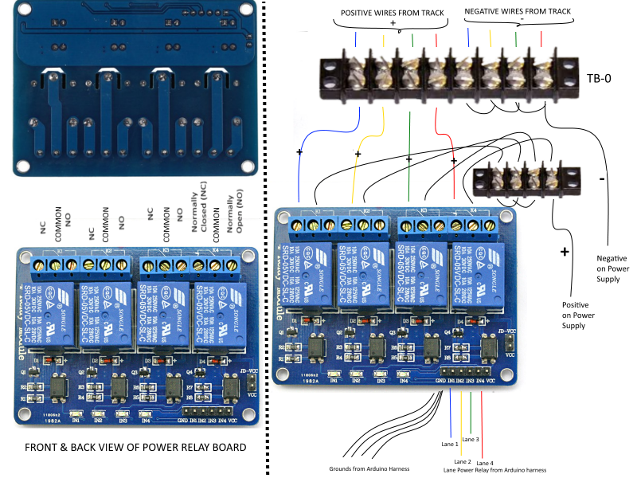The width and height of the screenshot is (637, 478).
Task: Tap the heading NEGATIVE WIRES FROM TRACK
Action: [518, 11]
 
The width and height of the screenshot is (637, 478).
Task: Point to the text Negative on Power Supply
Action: [617, 268]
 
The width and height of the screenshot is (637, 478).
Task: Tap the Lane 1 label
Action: [451, 443]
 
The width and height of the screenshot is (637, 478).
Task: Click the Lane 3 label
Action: [471, 440]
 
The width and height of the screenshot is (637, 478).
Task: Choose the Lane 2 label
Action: [463, 462]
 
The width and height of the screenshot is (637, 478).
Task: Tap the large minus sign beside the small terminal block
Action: [600, 180]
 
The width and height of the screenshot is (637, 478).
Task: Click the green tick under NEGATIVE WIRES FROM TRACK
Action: [516, 38]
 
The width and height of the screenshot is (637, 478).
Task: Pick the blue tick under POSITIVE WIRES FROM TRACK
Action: [357, 38]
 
